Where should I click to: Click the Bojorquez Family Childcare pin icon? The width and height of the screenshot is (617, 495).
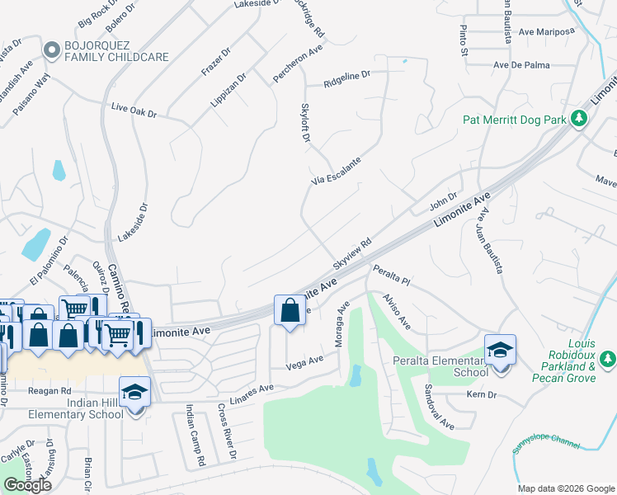[x=52, y=50]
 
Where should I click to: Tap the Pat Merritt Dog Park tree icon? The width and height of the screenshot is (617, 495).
[x=579, y=120]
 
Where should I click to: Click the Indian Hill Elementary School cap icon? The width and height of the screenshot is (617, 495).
[x=135, y=391]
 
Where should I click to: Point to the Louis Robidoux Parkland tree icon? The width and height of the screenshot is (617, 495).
[x=607, y=359]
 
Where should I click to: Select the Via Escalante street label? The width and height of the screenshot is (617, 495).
[x=336, y=172]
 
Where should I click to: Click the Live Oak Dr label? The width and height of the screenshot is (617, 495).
[x=133, y=111]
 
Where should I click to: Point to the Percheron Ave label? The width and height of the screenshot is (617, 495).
[x=298, y=64]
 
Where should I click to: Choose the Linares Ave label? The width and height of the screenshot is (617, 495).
[x=254, y=390]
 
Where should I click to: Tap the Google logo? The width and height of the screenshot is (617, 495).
[x=27, y=485]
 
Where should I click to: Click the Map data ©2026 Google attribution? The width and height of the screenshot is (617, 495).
[x=567, y=488]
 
